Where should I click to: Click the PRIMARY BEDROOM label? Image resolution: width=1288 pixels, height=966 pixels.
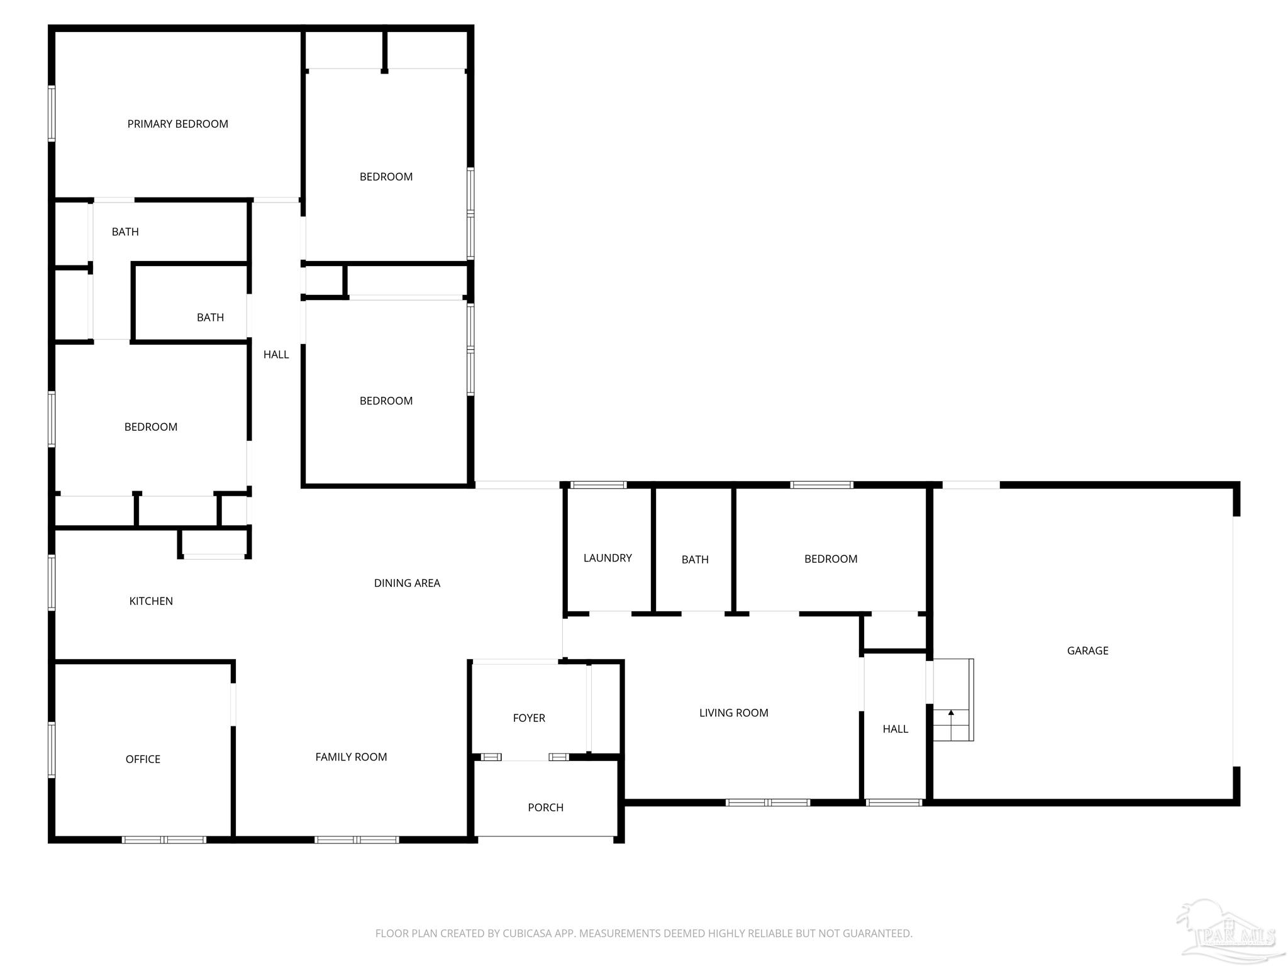click(177, 124)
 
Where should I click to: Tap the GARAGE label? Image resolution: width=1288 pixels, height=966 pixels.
click(1087, 651)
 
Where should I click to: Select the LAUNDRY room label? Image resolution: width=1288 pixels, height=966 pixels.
click(607, 558)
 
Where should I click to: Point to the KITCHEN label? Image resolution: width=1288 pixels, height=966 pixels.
click(151, 601)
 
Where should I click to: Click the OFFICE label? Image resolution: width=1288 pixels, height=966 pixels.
click(143, 759)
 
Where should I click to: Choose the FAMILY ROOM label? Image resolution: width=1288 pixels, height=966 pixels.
click(351, 757)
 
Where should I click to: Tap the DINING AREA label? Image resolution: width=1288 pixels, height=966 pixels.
click(407, 583)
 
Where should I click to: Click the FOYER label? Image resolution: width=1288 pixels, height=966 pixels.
click(529, 718)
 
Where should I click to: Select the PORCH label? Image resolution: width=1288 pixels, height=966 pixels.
click(545, 808)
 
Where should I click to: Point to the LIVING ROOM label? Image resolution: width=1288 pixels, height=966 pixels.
click(733, 713)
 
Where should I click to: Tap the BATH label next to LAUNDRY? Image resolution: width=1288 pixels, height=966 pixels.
click(695, 559)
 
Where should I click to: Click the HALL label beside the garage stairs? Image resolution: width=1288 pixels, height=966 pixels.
click(895, 729)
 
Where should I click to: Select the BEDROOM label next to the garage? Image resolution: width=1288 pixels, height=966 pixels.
click(831, 558)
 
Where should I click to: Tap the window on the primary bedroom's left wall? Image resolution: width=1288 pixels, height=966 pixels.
click(52, 113)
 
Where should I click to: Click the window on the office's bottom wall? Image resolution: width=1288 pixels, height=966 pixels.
click(164, 840)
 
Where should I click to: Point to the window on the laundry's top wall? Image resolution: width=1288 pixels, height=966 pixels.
click(599, 485)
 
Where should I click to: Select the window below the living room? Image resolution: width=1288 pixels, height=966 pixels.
click(767, 802)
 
